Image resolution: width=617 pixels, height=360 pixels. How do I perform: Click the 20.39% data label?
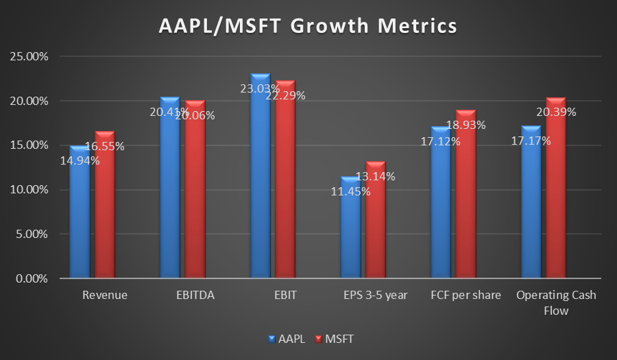[556, 112]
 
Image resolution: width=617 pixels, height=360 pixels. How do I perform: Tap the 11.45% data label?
[350, 191]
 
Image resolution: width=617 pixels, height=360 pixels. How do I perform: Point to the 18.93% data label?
[465, 125]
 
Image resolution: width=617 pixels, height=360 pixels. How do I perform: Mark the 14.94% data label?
[80, 161]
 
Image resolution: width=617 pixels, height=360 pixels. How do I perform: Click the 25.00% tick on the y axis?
[29, 56]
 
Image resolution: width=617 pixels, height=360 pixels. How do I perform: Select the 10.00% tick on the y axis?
[29, 190]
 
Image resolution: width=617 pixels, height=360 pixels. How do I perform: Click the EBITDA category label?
[195, 296]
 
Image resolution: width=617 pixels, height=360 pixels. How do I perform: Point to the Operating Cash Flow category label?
[556, 302]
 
